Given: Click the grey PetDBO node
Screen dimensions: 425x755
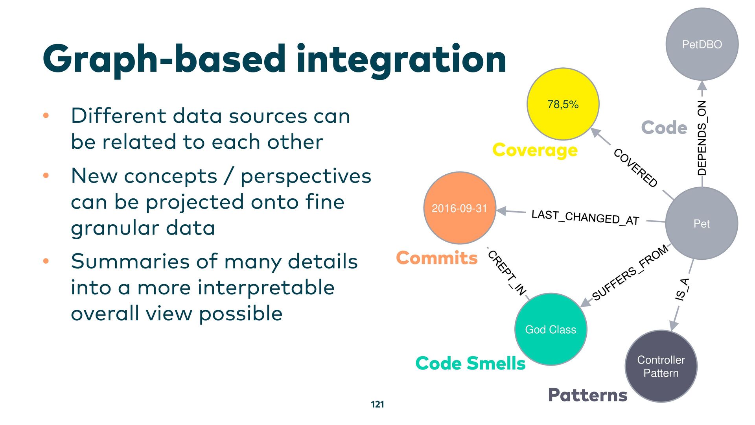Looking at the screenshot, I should click(x=702, y=44).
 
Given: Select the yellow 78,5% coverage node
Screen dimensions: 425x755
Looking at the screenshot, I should click(x=563, y=104).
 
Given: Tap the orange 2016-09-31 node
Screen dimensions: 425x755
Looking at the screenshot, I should click(x=460, y=208).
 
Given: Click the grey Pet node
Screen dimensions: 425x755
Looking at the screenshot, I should click(x=702, y=224).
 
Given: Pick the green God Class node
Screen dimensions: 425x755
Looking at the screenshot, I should click(x=551, y=329).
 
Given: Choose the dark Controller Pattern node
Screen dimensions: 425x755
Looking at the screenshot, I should click(x=661, y=366).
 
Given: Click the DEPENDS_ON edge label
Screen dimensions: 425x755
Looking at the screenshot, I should click(x=702, y=138).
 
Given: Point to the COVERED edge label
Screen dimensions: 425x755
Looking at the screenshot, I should click(x=635, y=168).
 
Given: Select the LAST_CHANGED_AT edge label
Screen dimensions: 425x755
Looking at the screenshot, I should click(x=585, y=217).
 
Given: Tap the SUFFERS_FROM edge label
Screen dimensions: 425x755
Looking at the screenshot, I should click(x=630, y=272).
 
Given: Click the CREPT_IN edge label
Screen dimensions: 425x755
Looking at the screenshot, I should click(x=507, y=273).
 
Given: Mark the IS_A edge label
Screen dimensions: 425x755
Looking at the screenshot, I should click(x=682, y=289).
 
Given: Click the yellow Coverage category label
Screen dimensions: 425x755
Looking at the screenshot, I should click(x=535, y=150).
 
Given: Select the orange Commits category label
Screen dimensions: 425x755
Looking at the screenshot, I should click(x=436, y=258).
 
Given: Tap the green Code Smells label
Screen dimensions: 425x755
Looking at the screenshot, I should click(x=470, y=363).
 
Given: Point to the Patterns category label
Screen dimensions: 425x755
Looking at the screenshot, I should click(x=587, y=395).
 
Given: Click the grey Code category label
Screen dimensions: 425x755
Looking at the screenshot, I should click(x=664, y=128).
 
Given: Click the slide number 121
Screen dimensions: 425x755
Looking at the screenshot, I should click(x=377, y=404).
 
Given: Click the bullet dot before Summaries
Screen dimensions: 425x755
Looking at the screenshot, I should click(x=46, y=261).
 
